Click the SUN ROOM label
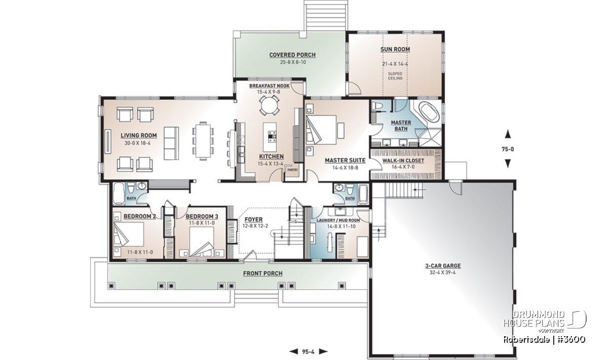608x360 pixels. pos(395,50)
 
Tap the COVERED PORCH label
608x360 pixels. pos(292,55)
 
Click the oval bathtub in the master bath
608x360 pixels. pos(429,114)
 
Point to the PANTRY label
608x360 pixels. pos(293,170)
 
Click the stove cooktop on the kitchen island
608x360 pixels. pos(272,137)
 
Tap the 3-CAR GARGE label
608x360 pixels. pos(443,266)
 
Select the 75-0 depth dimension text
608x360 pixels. pos(508,149)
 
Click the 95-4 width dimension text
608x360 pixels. pos(308,351)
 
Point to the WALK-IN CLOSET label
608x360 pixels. pos(403,161)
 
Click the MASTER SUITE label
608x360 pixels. pos(345,161)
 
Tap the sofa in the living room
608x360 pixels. pos(171,143)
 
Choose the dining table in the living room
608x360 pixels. pos(203,140)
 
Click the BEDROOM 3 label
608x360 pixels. pos(202,217)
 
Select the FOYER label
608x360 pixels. pos(253,219)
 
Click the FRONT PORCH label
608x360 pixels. pos(263,273)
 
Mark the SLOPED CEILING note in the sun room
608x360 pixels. pos(395,76)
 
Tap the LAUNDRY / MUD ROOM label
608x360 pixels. pos(338,221)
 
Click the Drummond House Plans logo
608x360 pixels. pos(545,321)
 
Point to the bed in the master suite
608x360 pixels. pos(321,130)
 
